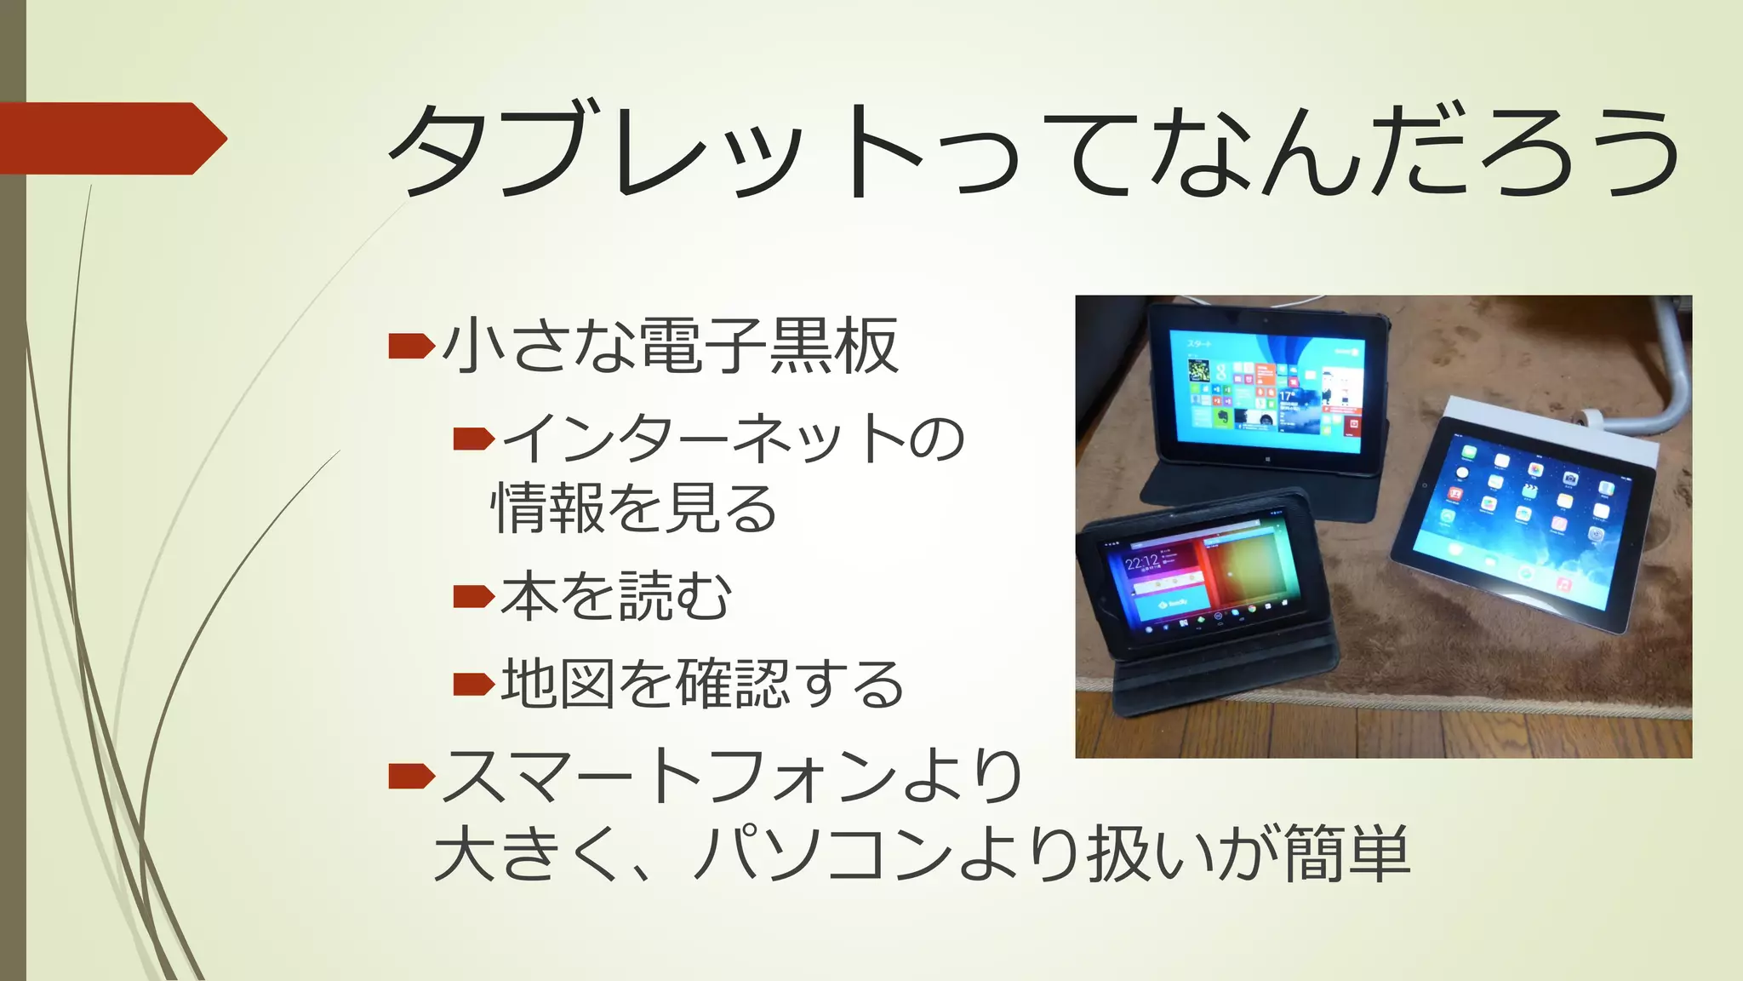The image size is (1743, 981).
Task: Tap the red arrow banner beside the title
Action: tap(111, 138)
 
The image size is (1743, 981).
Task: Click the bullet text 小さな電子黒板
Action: tap(671, 346)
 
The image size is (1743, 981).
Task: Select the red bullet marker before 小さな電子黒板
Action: tap(411, 346)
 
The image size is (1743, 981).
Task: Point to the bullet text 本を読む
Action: tap(616, 596)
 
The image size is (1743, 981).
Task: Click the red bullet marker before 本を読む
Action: tap(473, 596)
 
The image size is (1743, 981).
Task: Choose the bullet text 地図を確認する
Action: tap(702, 684)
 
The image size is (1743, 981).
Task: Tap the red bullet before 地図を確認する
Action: tap(473, 684)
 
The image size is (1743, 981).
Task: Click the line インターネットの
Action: tap(733, 439)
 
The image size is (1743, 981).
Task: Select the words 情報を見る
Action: tap(634, 508)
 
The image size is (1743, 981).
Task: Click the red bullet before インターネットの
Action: tap(473, 439)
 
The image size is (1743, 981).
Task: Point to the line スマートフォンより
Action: tap(732, 776)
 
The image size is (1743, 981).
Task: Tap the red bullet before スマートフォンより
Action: tap(411, 776)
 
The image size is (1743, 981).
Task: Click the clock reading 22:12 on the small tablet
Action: tap(1141, 563)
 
